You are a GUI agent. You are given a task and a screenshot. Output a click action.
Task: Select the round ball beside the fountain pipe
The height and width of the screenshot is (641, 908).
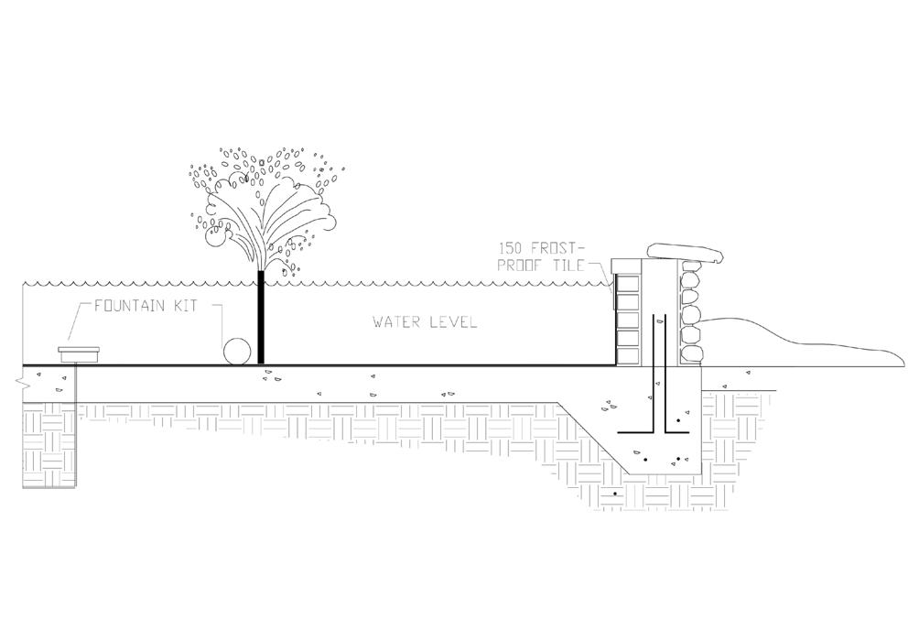[238, 350]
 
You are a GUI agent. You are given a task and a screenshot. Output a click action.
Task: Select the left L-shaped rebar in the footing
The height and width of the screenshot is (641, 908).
[646, 394]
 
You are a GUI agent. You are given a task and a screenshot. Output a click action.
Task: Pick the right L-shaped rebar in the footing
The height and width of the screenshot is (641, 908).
[668, 394]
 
